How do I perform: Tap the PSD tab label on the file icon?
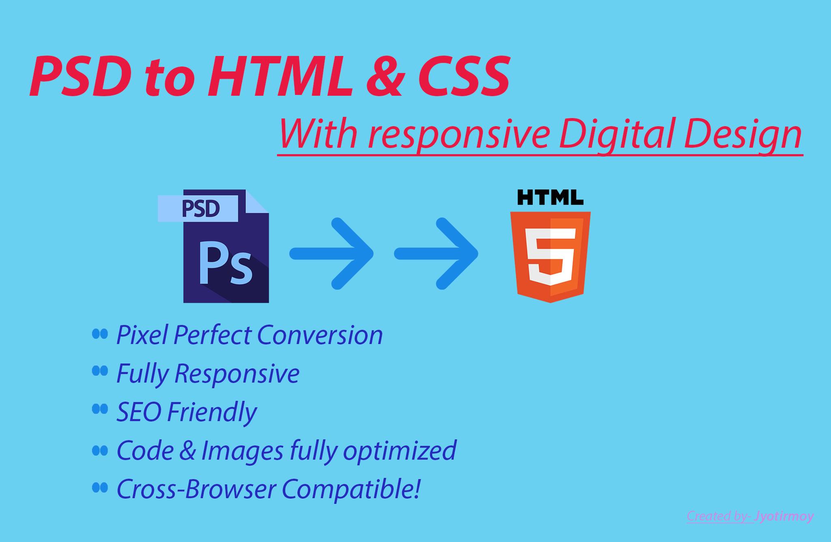[x=201, y=209]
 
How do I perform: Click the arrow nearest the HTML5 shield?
[x=437, y=254]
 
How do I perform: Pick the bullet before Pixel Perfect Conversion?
[x=100, y=334]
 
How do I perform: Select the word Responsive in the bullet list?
[x=237, y=373]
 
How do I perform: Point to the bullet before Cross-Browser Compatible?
[x=100, y=488]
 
